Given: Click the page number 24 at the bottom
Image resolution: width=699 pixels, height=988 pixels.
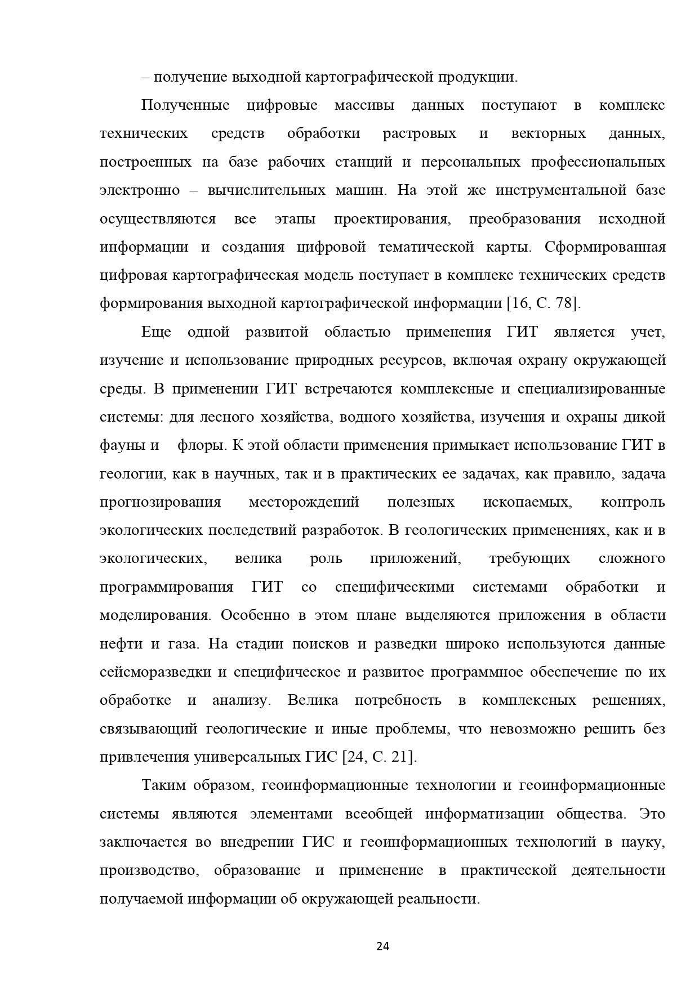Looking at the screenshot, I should coord(382,946).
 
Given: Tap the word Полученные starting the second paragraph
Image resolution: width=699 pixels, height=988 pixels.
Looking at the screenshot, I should coord(185,105).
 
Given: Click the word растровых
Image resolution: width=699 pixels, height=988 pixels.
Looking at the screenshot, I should coord(420,134).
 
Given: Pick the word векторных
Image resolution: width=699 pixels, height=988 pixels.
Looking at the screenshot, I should coord(548,134).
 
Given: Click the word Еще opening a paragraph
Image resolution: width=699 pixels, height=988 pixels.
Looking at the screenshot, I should coord(156,332).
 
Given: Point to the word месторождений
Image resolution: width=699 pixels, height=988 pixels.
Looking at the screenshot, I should coord(304,502).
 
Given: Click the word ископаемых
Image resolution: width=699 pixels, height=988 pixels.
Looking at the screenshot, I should coord(527,502).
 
